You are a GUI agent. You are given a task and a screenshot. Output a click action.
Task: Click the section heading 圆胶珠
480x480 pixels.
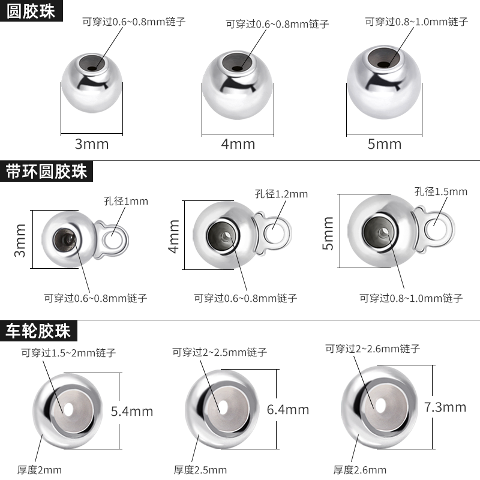[x=31, y=12]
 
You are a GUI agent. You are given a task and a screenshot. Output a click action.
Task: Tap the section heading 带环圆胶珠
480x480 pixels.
[x=47, y=172]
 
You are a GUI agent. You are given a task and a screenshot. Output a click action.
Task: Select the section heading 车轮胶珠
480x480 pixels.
[x=38, y=331]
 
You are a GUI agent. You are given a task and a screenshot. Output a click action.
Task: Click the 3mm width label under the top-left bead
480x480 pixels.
[x=92, y=144]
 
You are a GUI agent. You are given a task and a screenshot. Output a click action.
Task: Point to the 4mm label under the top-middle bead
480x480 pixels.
[x=238, y=144]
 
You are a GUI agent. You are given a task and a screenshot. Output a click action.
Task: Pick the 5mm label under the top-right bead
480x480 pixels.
[x=385, y=144]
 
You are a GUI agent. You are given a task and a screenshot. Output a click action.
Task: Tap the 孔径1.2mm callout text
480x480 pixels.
[x=281, y=194]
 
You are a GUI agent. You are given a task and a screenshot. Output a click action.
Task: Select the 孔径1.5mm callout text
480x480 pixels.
[x=440, y=192]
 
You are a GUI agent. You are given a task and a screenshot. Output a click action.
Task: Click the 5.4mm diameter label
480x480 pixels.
[x=132, y=411]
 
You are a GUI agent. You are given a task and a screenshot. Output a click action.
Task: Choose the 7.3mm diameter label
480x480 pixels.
[x=445, y=407]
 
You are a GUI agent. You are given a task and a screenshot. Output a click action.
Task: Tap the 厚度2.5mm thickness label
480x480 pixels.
[x=200, y=470]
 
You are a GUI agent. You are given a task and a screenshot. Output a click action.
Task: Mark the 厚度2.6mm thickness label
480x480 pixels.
[x=360, y=470]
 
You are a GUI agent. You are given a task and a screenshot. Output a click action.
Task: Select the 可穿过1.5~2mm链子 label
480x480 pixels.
[x=68, y=353]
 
